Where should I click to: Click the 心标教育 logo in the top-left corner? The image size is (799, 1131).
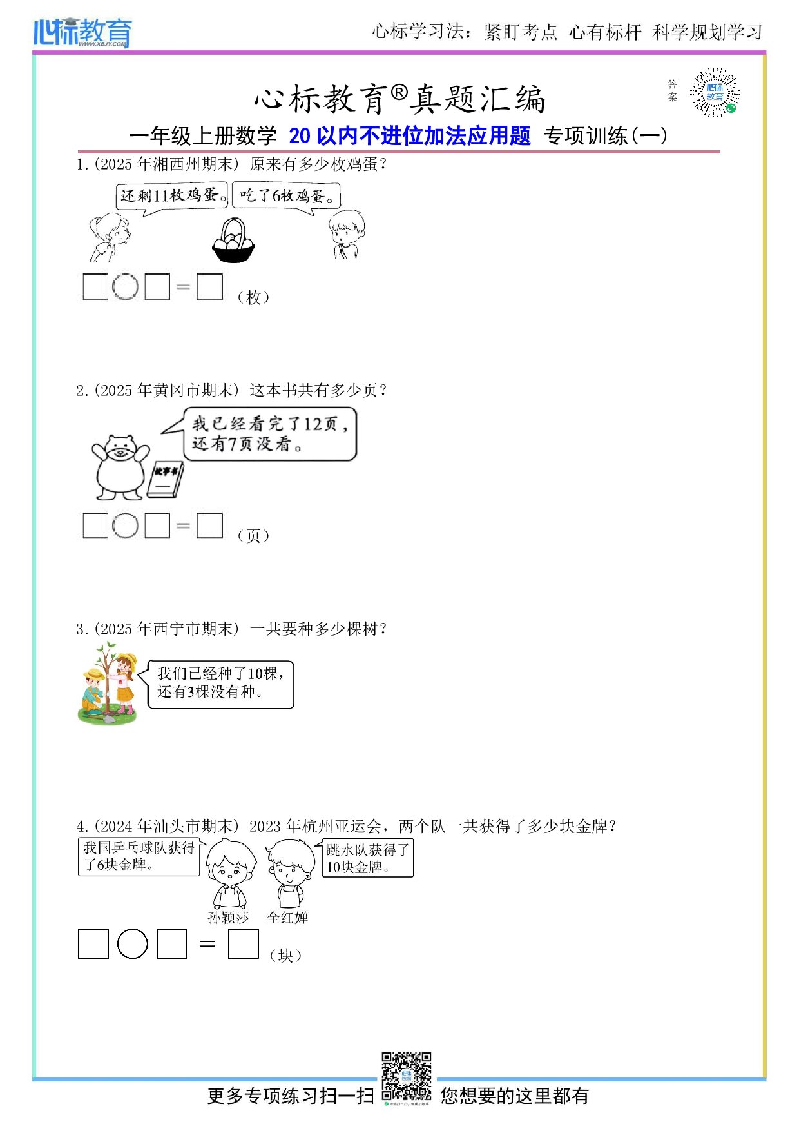point(82,32)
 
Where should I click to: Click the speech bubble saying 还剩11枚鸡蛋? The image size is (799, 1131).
point(173,195)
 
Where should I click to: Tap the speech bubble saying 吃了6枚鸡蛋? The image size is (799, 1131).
point(286,195)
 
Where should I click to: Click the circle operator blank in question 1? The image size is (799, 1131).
point(125,287)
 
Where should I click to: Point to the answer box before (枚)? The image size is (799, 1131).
point(209,287)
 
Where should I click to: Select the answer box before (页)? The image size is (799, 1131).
point(209,526)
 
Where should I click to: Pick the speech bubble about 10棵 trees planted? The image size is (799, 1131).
point(220,684)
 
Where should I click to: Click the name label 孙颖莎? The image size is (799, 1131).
point(228,918)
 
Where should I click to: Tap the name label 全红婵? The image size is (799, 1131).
point(287,918)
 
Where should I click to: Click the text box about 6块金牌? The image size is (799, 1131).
point(139,857)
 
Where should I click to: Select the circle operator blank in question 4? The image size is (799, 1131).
point(133,944)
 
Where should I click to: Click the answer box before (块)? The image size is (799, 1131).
point(244,944)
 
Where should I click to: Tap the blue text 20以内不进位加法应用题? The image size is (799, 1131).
point(410,136)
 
